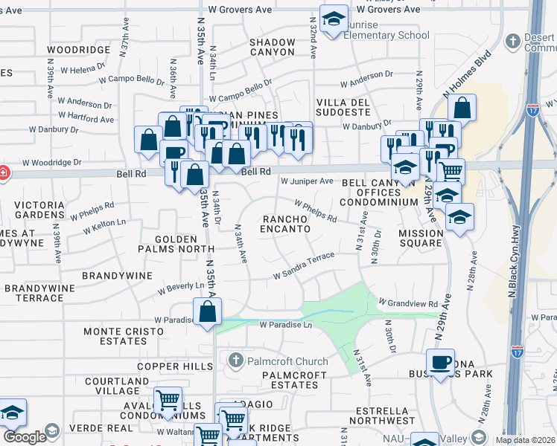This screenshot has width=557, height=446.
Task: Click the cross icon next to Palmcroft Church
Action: (x=235, y=361)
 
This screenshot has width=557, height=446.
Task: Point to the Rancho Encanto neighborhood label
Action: (x=285, y=224)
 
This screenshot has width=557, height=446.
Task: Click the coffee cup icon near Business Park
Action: (x=440, y=363)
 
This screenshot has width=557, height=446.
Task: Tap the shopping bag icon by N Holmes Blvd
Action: (x=462, y=108)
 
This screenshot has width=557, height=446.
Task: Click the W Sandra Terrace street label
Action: (x=304, y=265)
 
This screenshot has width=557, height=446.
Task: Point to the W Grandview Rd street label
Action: (x=407, y=303)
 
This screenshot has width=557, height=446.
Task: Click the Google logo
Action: (x=25, y=436)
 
